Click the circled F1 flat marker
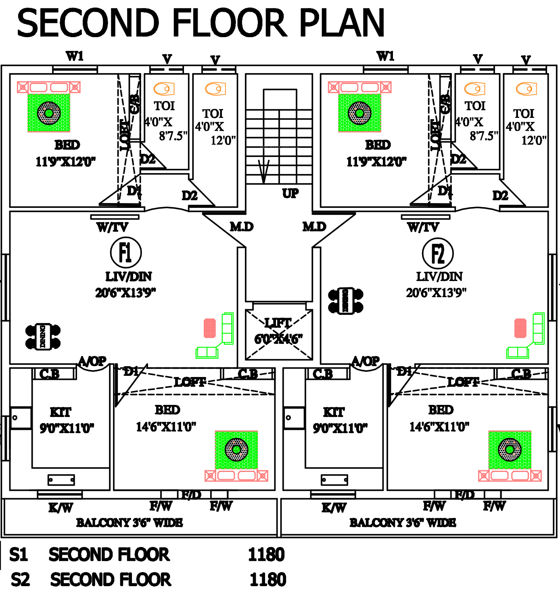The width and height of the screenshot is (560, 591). (125, 252)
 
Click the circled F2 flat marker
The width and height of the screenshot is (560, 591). (438, 254)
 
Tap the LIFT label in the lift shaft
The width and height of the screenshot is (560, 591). (278, 323)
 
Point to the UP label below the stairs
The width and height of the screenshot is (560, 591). (290, 193)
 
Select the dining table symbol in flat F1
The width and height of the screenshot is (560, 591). (43, 336)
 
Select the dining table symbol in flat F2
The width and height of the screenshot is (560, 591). (346, 300)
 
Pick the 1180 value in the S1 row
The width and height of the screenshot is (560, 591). (266, 555)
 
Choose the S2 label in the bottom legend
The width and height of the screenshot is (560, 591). (20, 580)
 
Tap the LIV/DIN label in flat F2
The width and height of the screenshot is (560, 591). (439, 277)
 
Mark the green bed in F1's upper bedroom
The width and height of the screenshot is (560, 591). (49, 113)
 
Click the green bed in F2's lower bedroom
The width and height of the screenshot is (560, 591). (510, 450)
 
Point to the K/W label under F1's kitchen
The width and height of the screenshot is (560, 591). (61, 507)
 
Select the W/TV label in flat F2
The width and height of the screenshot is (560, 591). (423, 227)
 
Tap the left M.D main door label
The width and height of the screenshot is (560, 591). (241, 227)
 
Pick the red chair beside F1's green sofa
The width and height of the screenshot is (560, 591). (210, 328)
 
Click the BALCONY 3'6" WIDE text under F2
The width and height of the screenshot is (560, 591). (402, 523)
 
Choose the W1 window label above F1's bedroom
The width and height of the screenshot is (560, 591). (75, 56)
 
